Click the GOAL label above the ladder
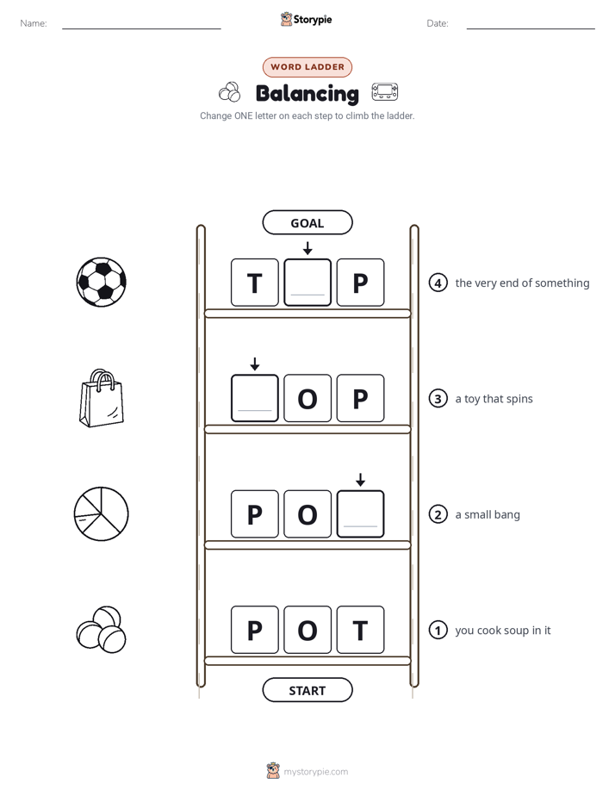pos(307,223)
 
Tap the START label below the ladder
pos(307,690)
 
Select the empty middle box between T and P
pos(307,283)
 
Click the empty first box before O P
pos(255,398)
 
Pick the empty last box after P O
pos(360,513)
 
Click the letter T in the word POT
pos(360,630)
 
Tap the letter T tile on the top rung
pos(255,283)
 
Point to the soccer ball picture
pos(102,283)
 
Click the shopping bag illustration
pos(102,398)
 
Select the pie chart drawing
pos(102,513)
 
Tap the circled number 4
pos(438,283)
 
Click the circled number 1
pos(438,630)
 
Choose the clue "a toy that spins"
pos(494,399)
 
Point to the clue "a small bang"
pos(488,515)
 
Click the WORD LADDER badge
pos(307,67)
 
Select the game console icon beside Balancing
pos(385,92)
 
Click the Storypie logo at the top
pos(307,19)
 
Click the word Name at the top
pos(33,23)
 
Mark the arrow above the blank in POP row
pos(360,480)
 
